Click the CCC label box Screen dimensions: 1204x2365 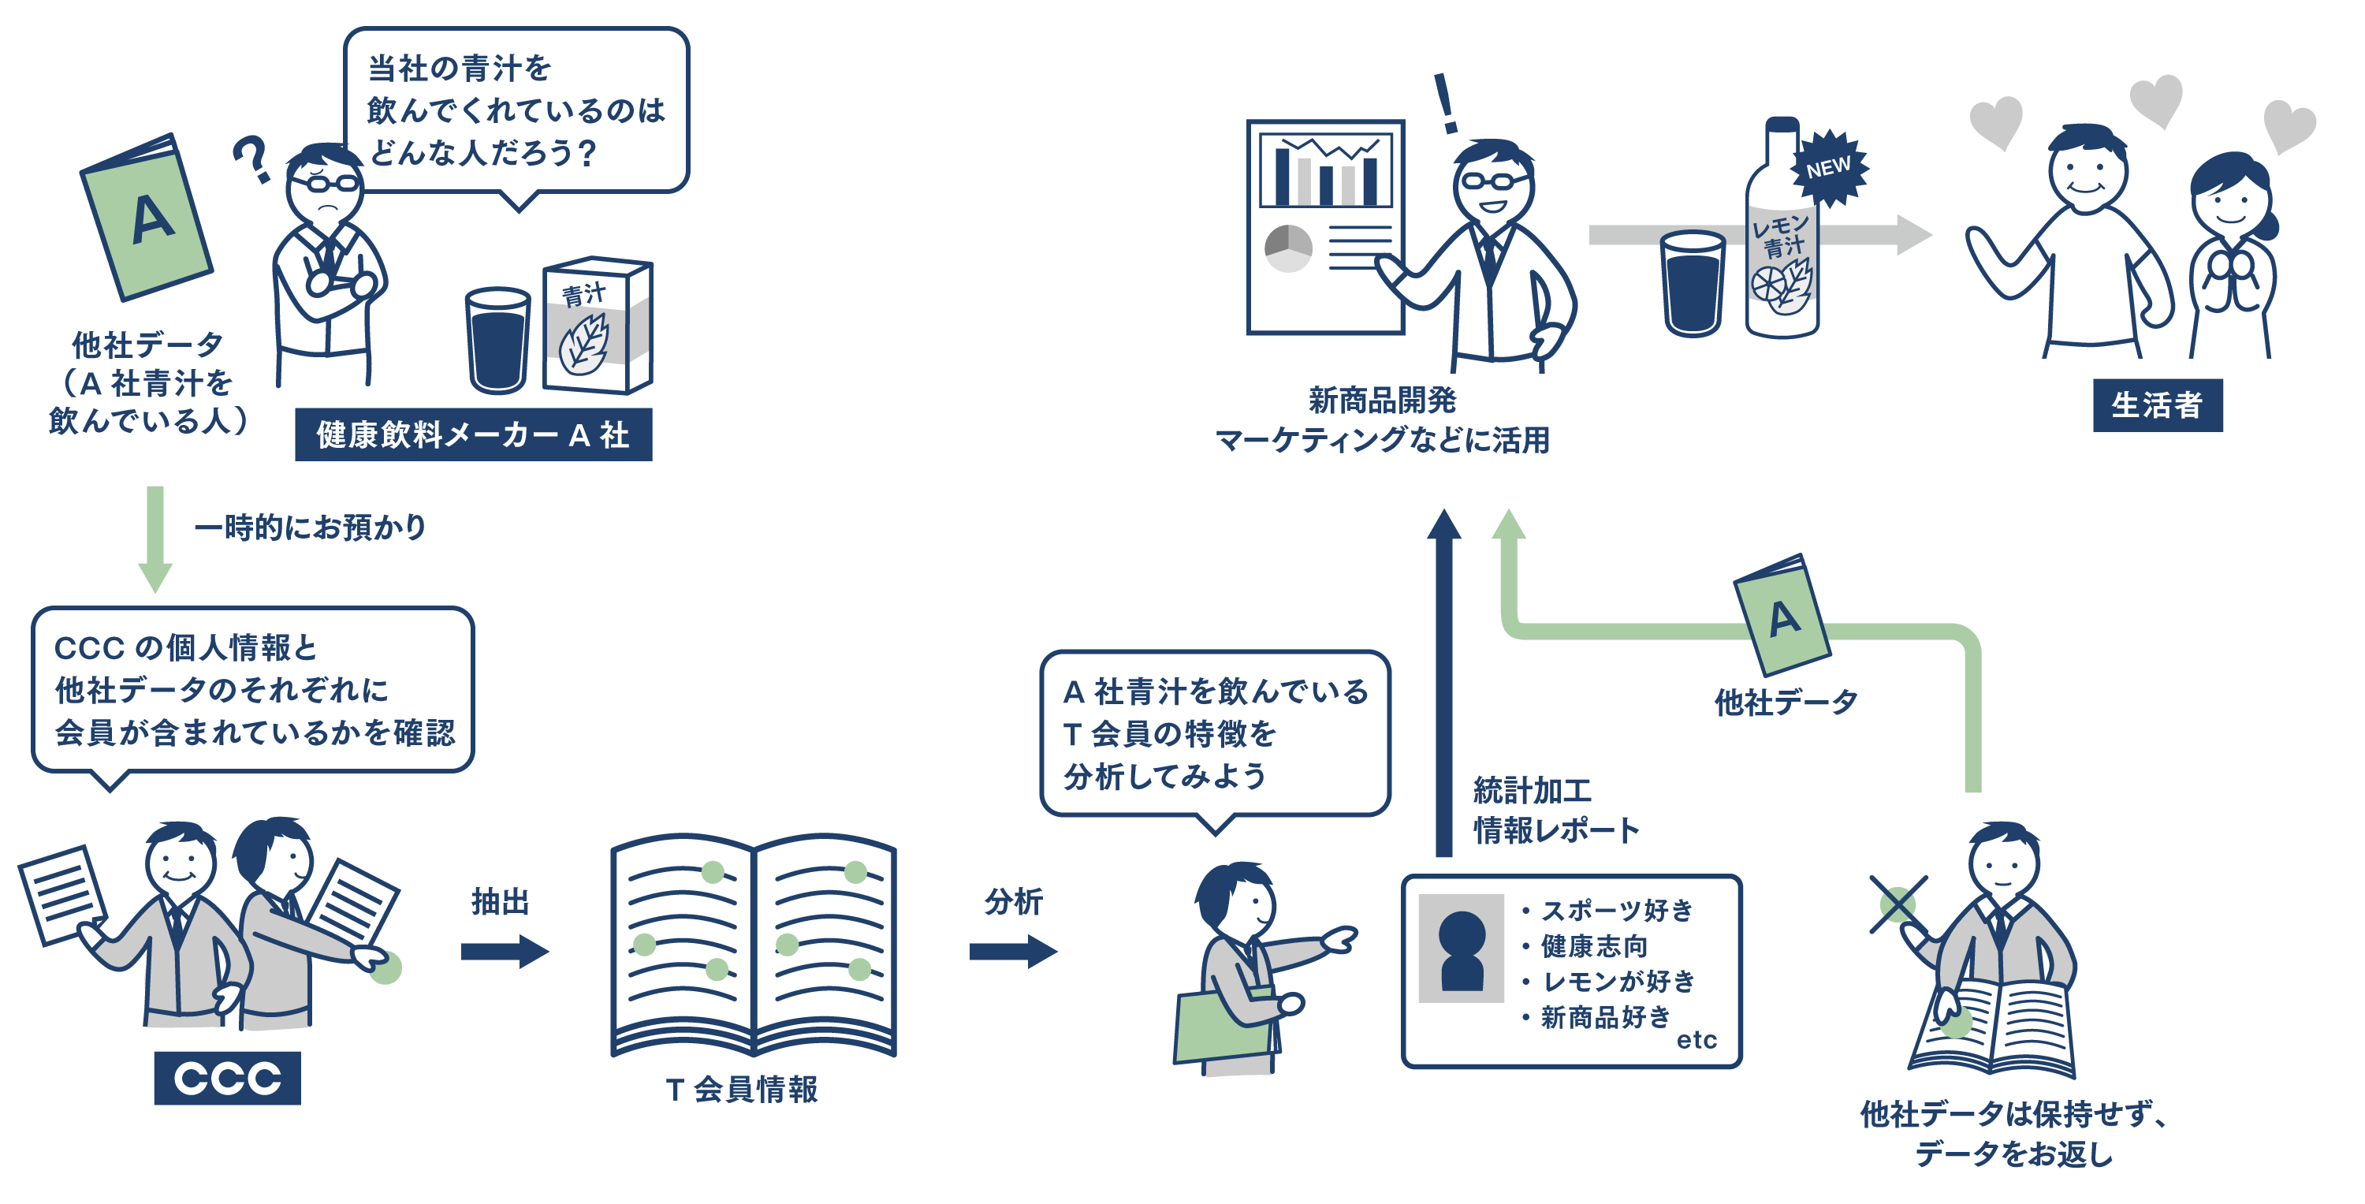coord(227,1077)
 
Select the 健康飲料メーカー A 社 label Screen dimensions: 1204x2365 coord(473,434)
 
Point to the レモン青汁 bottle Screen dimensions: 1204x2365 coord(1781,248)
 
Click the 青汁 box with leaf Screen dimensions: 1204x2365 coord(597,326)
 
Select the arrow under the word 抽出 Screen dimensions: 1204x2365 coord(504,951)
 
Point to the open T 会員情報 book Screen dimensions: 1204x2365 coord(753,946)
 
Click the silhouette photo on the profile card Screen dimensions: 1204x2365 coord(1461,949)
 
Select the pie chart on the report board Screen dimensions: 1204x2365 coord(1288,248)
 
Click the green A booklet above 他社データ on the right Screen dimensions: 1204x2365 coord(1782,615)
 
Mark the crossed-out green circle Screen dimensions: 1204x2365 coord(1897,904)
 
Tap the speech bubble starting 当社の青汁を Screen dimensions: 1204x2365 coord(516,110)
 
